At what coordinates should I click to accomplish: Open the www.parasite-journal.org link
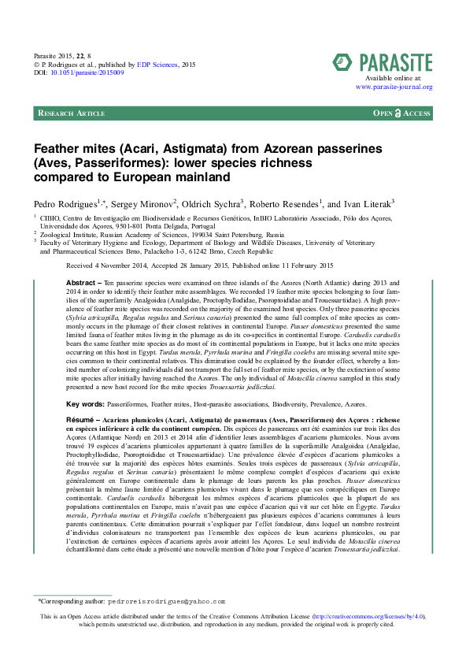tap(393, 87)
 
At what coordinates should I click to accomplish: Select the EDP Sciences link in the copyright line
tap(161, 65)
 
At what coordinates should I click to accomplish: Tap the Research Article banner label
tap(71, 113)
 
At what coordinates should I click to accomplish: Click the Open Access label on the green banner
tap(401, 113)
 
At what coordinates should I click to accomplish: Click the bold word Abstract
tap(80, 281)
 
